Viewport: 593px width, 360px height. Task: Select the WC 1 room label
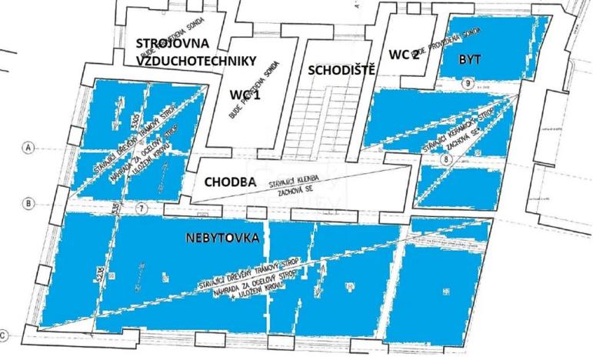(246, 95)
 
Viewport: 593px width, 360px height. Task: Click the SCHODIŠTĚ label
(341, 70)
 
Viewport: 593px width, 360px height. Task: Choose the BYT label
(470, 59)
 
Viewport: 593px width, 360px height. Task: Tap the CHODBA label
(230, 182)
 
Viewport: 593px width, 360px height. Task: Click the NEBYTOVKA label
(222, 237)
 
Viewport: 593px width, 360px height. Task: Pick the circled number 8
(447, 160)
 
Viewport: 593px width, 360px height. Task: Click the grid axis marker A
(29, 147)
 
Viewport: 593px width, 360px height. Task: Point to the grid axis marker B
(28, 204)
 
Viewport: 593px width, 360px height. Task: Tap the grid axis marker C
(6, 335)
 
